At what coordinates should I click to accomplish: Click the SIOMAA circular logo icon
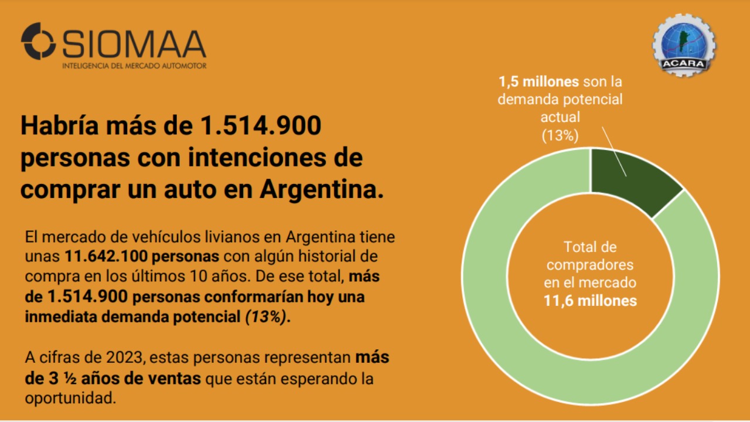38,42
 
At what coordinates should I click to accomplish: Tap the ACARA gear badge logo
684,45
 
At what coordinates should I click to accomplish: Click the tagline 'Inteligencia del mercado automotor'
134,66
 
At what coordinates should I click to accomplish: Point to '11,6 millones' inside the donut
590,301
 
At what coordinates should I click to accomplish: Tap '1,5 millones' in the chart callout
538,81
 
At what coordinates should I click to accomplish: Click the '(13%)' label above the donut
560,136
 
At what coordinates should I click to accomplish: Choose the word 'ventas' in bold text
176,378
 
